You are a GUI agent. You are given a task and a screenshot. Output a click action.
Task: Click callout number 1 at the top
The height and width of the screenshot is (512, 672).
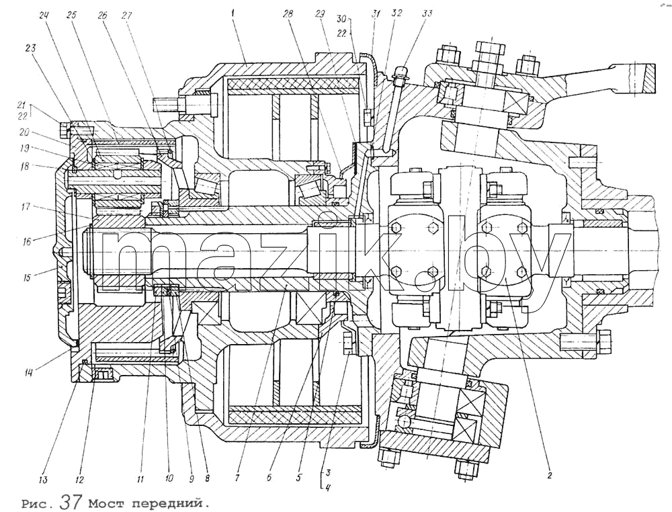pos(232,13)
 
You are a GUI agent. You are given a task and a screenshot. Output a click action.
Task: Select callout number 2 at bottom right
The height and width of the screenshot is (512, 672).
pos(550,475)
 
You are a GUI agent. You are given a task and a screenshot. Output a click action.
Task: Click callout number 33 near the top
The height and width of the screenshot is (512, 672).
pos(427,13)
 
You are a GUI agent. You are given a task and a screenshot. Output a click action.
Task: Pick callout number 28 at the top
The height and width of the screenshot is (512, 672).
pos(288,13)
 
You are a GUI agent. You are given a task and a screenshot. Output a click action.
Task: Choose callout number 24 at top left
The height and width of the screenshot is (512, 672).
pos(44,16)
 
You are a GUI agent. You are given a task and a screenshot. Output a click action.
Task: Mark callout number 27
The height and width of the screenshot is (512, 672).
pos(127,16)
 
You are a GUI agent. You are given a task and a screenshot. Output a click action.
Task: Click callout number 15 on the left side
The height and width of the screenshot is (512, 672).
pos(28,278)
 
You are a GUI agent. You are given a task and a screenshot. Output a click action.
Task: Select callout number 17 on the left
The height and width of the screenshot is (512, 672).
pos(28,207)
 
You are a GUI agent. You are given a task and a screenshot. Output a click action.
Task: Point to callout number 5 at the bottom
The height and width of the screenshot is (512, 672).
pos(300,478)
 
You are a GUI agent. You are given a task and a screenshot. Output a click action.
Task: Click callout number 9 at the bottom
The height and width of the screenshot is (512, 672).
pos(192,478)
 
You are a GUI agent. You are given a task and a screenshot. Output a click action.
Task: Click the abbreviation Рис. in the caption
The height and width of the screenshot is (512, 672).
pos(38,503)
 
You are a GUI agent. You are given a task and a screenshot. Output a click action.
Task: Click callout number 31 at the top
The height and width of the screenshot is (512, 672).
pos(376,13)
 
